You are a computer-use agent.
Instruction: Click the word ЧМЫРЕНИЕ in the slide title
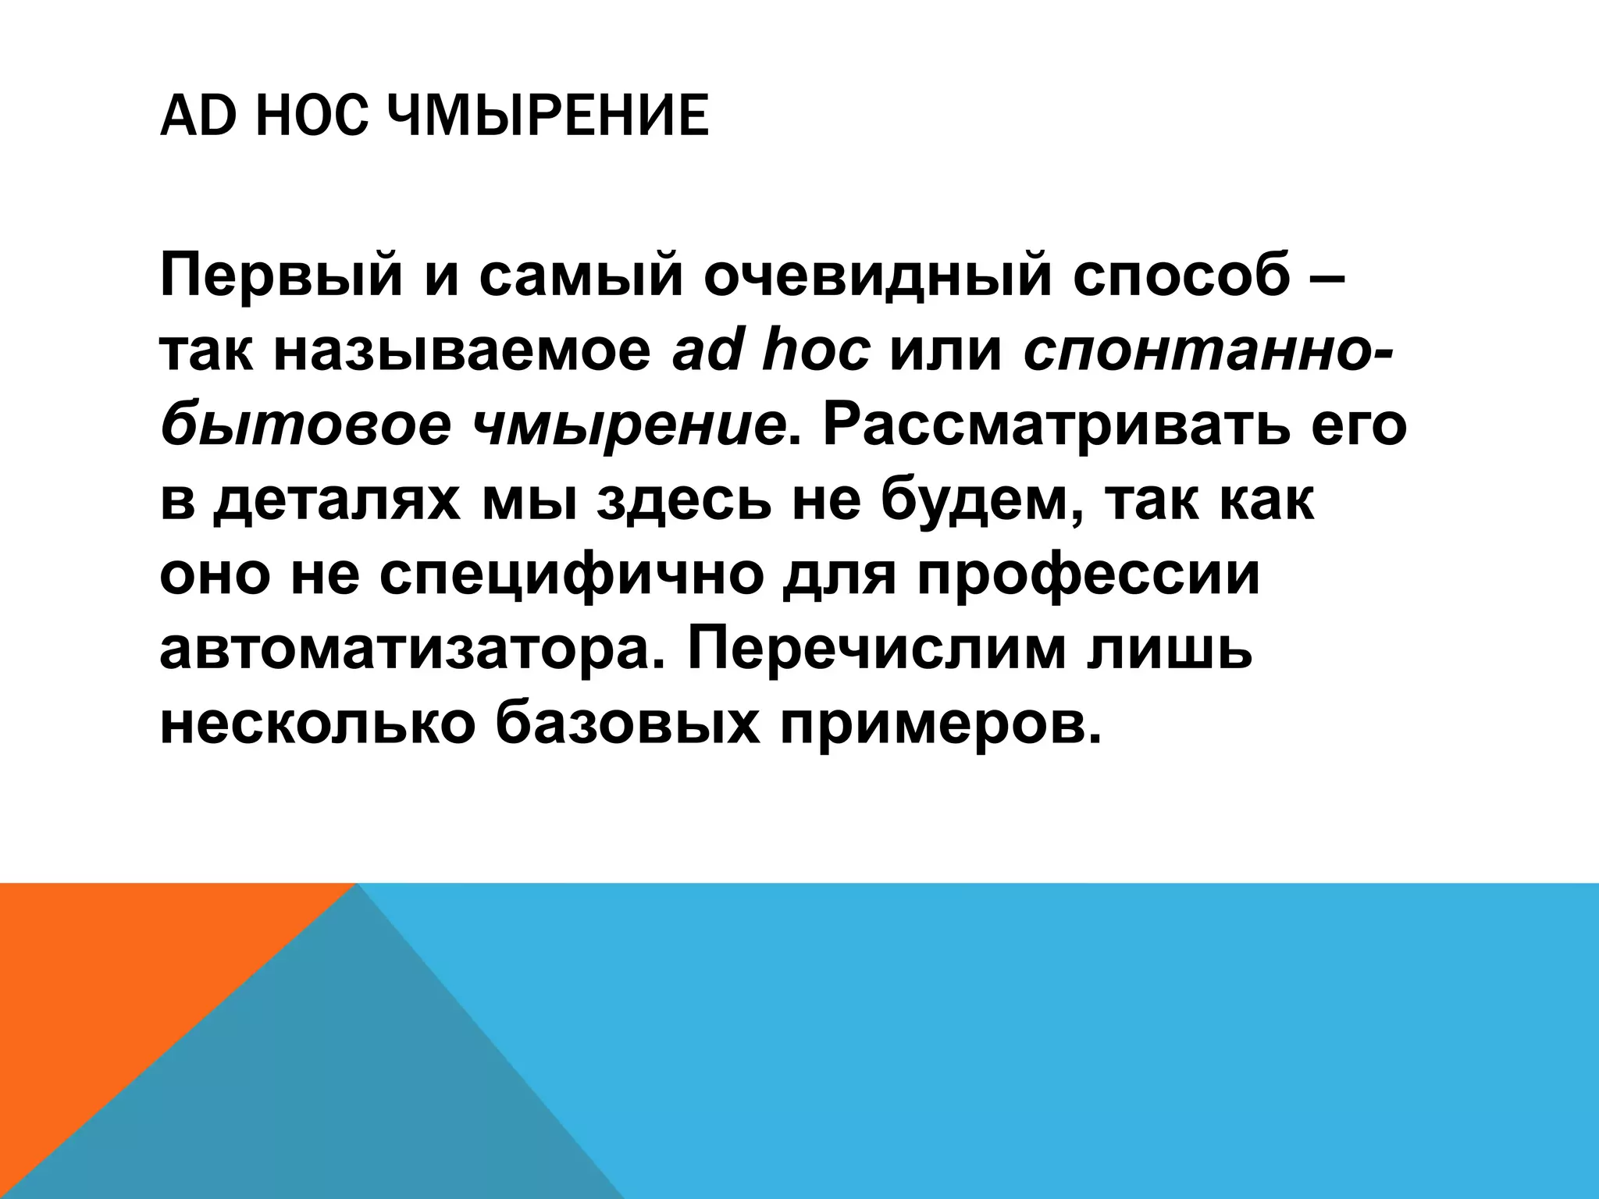547,117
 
